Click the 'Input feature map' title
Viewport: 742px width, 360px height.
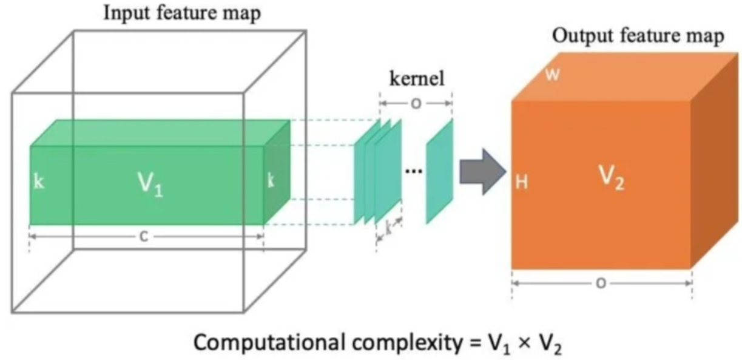click(182, 13)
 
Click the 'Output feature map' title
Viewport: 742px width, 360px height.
click(638, 37)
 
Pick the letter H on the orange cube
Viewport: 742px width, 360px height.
click(521, 182)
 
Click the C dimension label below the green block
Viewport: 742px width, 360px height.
click(145, 238)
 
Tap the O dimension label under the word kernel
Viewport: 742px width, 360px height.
click(416, 103)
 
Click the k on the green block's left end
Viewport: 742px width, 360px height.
click(39, 182)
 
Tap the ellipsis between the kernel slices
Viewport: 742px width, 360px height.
click(413, 171)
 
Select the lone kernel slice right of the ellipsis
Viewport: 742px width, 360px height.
click(439, 171)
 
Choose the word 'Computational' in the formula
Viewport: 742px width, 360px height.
click(266, 341)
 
